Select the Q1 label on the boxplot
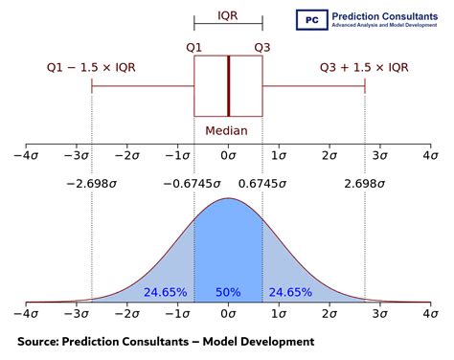click(x=193, y=44)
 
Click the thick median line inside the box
click(x=228, y=86)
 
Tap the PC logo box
click(x=309, y=17)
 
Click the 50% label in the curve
click(x=228, y=291)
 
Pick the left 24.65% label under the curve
click(x=165, y=291)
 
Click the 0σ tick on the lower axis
click(x=228, y=314)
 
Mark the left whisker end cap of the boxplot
click(x=92, y=86)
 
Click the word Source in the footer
click(x=40, y=341)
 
